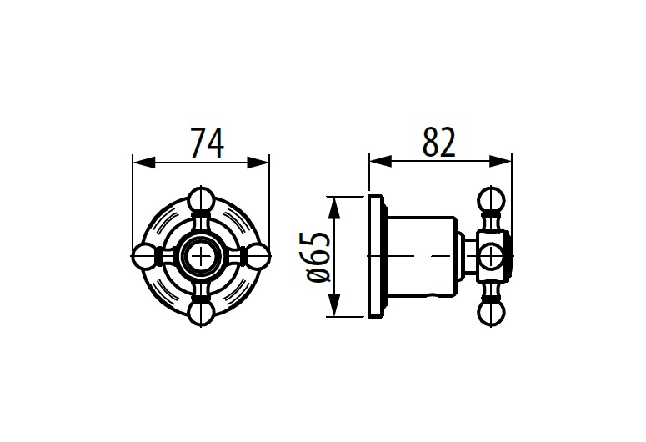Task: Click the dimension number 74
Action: click(208, 143)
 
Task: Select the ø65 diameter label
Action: click(319, 257)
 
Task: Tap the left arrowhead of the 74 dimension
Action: click(144, 162)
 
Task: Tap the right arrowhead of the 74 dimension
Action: click(258, 162)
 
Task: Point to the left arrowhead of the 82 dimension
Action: click(381, 161)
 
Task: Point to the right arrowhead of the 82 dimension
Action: click(500, 161)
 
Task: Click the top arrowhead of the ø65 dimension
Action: click(334, 208)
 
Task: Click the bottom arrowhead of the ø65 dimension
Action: click(334, 305)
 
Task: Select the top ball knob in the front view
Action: click(202, 199)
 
